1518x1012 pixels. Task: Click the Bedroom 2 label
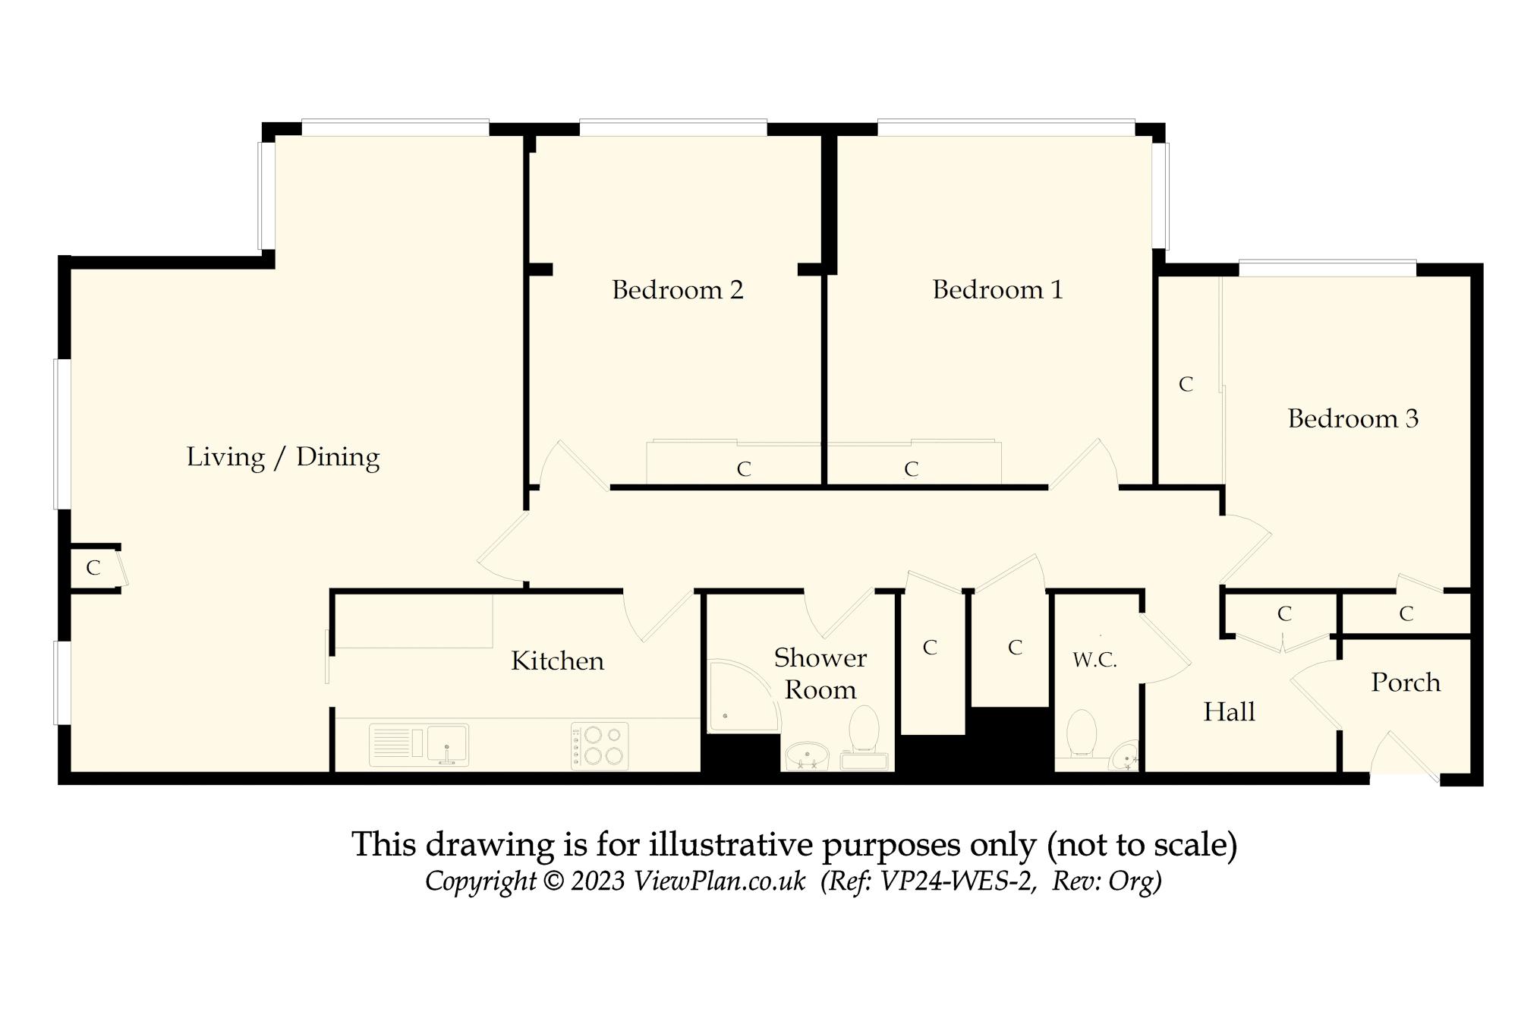pyautogui.click(x=677, y=290)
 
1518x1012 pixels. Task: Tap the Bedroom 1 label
pyautogui.click(x=997, y=290)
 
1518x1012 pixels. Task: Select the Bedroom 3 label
pyautogui.click(x=1353, y=419)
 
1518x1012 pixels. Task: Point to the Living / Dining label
pyautogui.click(x=283, y=457)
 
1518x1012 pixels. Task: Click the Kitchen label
pyautogui.click(x=558, y=661)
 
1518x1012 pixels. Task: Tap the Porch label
pyautogui.click(x=1406, y=683)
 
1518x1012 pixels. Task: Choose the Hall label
pyautogui.click(x=1230, y=712)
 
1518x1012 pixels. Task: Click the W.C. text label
pyautogui.click(x=1094, y=660)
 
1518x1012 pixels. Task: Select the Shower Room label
pyautogui.click(x=820, y=673)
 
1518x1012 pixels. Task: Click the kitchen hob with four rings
pyautogui.click(x=600, y=746)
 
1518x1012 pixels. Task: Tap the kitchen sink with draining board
pyautogui.click(x=419, y=745)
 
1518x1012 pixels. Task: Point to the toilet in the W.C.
pyautogui.click(x=1081, y=734)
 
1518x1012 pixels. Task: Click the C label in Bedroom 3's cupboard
pyautogui.click(x=1186, y=385)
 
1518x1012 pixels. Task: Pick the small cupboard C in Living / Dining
pyautogui.click(x=93, y=568)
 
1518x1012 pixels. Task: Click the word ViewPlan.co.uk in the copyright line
pyautogui.click(x=720, y=881)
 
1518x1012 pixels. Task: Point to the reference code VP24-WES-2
pyautogui.click(x=959, y=881)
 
